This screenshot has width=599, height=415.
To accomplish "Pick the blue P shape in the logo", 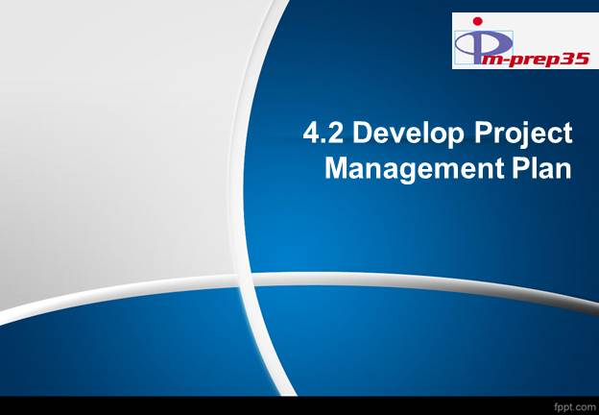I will tap(480, 43).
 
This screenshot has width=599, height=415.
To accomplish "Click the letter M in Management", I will tap(338, 168).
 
